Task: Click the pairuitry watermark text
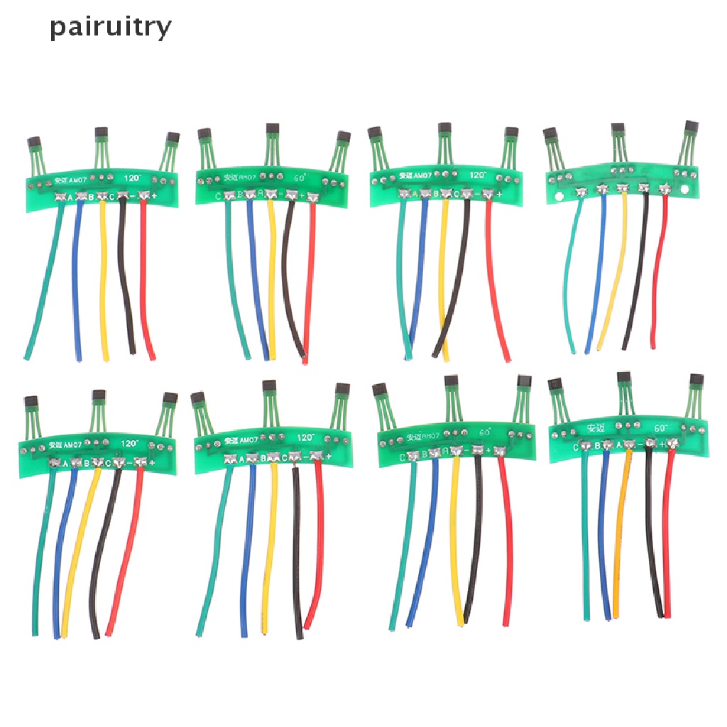pyautogui.click(x=111, y=28)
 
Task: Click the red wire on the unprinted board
pyautogui.click(x=659, y=284)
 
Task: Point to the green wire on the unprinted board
pyautogui.click(x=570, y=284)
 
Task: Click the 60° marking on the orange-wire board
pyautogui.click(x=661, y=429)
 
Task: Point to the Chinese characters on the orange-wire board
pyautogui.click(x=596, y=428)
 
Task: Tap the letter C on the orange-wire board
pyautogui.click(x=576, y=447)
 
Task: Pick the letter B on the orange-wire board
pyautogui.click(x=598, y=447)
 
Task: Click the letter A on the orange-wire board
pyautogui.click(x=619, y=445)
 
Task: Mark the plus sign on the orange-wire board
pyautogui.click(x=662, y=444)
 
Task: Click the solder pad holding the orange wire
pyautogui.click(x=629, y=444)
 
